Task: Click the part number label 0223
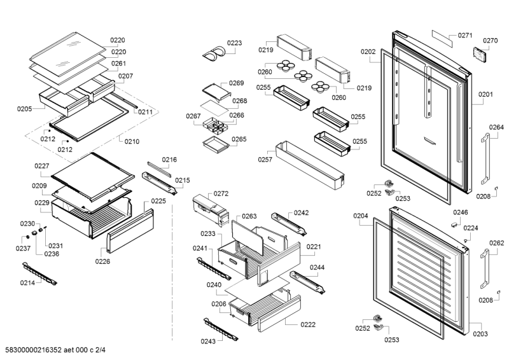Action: [x=234, y=43]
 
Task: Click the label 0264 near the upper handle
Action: [x=496, y=127]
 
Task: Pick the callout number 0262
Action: [x=496, y=242]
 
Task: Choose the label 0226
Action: [x=103, y=261]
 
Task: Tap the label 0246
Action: [x=460, y=212]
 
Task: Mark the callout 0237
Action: [x=24, y=248]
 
